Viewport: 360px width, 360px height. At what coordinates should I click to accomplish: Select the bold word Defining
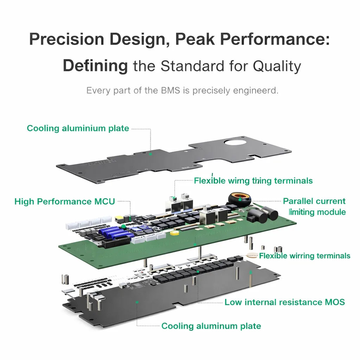[x=95, y=66]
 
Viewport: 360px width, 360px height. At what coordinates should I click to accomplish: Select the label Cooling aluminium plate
[x=78, y=128]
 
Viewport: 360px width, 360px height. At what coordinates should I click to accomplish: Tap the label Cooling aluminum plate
[x=211, y=326]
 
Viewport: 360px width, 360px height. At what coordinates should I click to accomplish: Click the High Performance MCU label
[x=65, y=201]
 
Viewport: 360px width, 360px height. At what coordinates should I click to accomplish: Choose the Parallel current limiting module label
[x=314, y=206]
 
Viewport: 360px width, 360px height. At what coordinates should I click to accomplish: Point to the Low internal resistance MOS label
[x=285, y=302]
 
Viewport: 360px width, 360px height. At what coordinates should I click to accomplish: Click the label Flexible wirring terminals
[x=304, y=256]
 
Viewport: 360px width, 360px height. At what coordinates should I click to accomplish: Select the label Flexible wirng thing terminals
[x=253, y=181]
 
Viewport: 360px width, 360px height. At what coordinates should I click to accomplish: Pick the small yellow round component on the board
[x=173, y=233]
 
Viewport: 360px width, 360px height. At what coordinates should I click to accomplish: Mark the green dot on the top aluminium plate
[x=150, y=154]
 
